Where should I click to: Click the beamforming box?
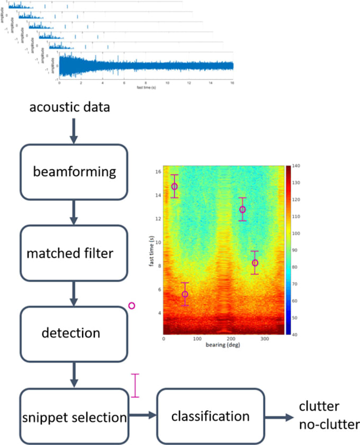tap(74, 172)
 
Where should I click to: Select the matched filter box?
tap(74, 253)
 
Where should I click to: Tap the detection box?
tap(74, 333)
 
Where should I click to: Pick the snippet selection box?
tap(74, 417)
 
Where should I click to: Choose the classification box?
tap(210, 416)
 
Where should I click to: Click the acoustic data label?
tap(69, 108)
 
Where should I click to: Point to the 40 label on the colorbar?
tap(294, 334)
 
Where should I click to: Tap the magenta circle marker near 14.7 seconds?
tap(174, 186)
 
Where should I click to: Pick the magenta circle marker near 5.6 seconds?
tap(185, 294)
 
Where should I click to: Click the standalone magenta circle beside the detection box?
tap(132, 305)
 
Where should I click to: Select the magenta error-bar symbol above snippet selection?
tap(136, 385)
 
